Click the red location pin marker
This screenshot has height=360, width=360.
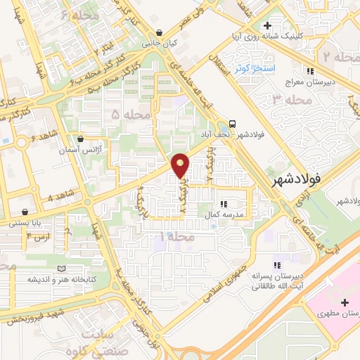point(181,165)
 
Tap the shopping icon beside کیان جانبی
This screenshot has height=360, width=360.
point(162,32)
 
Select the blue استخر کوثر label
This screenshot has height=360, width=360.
point(288,68)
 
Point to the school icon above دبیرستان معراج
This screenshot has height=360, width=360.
point(310,70)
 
